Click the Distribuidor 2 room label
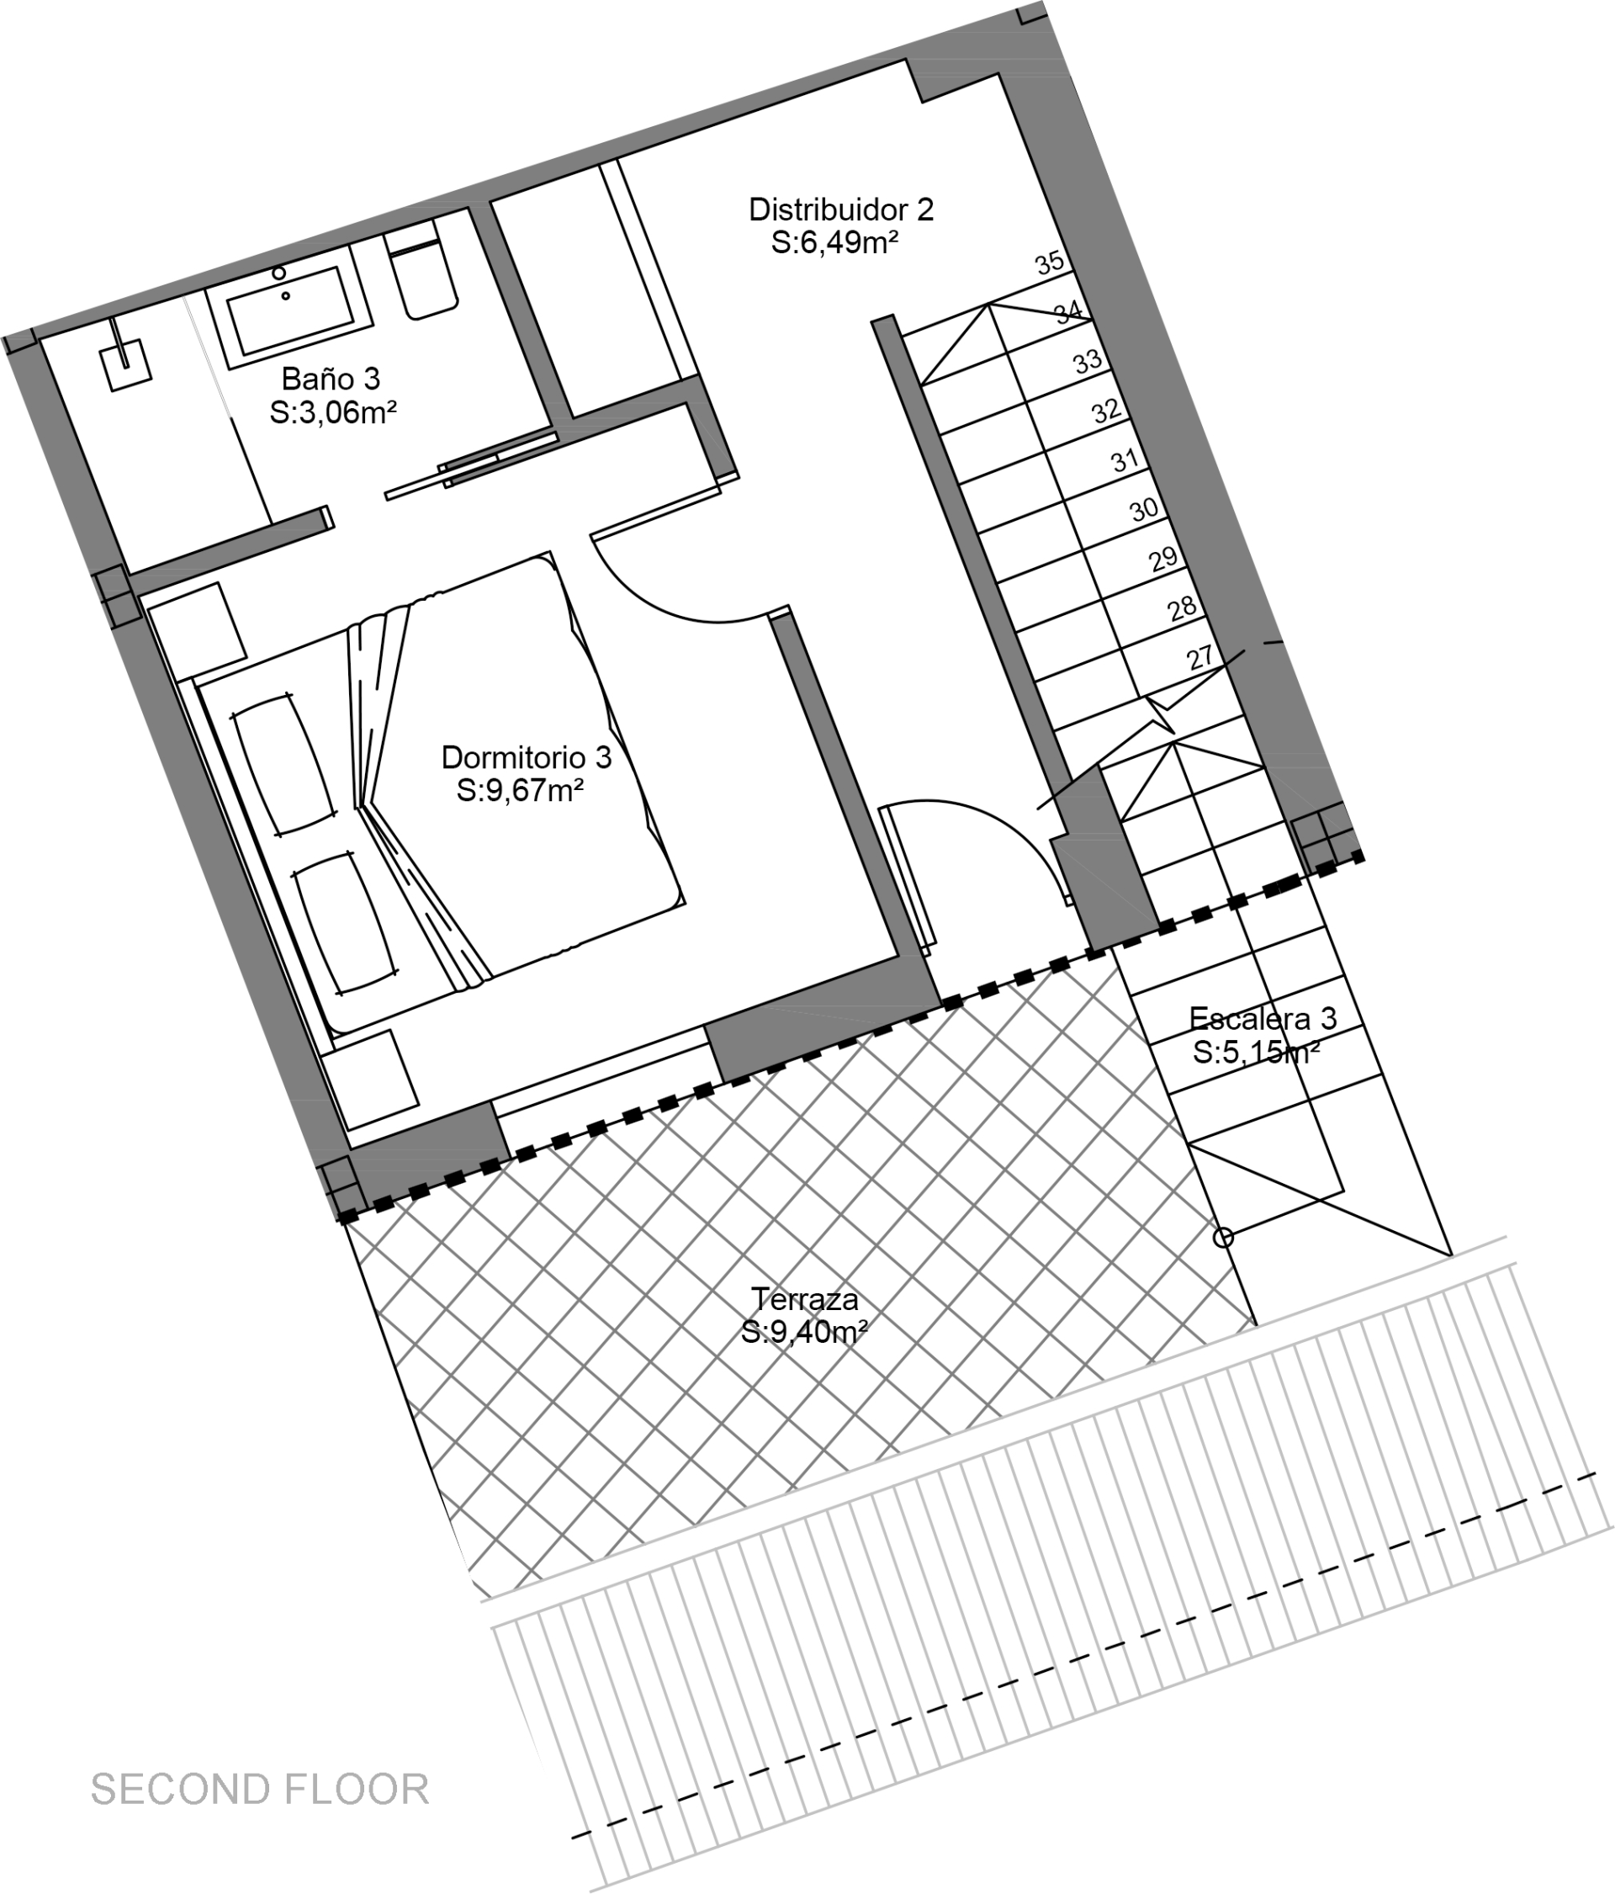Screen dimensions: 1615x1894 coord(841,210)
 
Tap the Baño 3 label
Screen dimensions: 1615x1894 coord(330,379)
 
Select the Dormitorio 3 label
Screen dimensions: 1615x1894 coord(527,757)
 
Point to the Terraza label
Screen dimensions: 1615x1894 coord(805,1299)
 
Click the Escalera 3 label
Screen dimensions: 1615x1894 coord(1263,1017)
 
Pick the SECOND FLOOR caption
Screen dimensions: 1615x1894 coord(261,1789)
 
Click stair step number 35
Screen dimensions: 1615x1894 coord(1049,263)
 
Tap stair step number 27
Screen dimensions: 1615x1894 coord(1200,656)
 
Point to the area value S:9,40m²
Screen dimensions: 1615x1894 coord(804,1333)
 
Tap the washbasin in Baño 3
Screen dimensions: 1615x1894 coord(289,310)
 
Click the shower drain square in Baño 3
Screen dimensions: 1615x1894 coord(126,364)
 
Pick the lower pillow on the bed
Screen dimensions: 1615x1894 coord(345,922)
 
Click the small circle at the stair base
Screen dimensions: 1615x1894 coord(1223,1238)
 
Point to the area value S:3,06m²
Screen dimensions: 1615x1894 coord(334,412)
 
